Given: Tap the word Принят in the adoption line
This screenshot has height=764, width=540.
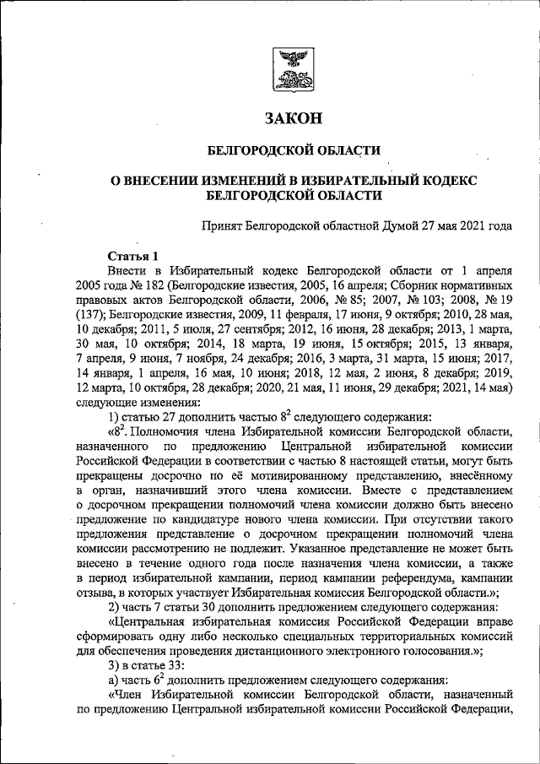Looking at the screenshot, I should tap(222, 226).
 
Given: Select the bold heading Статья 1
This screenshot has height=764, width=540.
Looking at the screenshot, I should tap(133, 256).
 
